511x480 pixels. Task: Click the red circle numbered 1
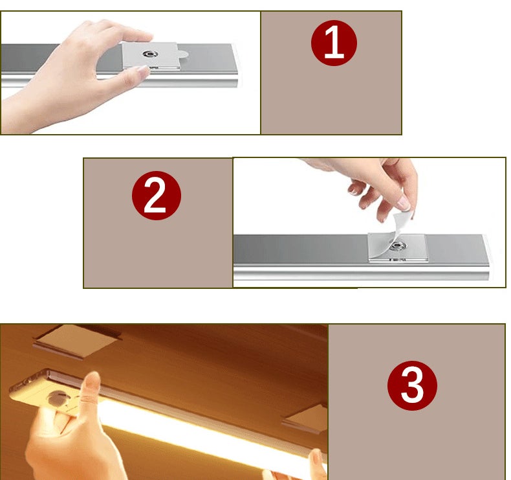pyautogui.click(x=334, y=42)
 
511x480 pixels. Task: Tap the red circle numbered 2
pyautogui.click(x=156, y=196)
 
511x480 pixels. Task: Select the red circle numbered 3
pyautogui.click(x=412, y=387)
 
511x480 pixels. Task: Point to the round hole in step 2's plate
pyautogui.click(x=395, y=246)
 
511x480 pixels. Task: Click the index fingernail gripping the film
pyautogui.click(x=403, y=203)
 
